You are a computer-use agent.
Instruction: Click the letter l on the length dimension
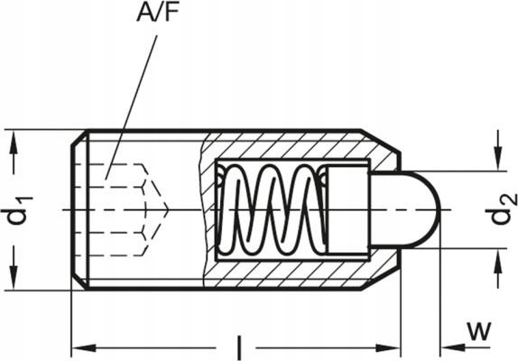pos(238,346)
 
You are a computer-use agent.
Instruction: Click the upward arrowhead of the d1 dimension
pos(14,137)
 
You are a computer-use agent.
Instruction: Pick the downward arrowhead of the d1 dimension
pos(14,282)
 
